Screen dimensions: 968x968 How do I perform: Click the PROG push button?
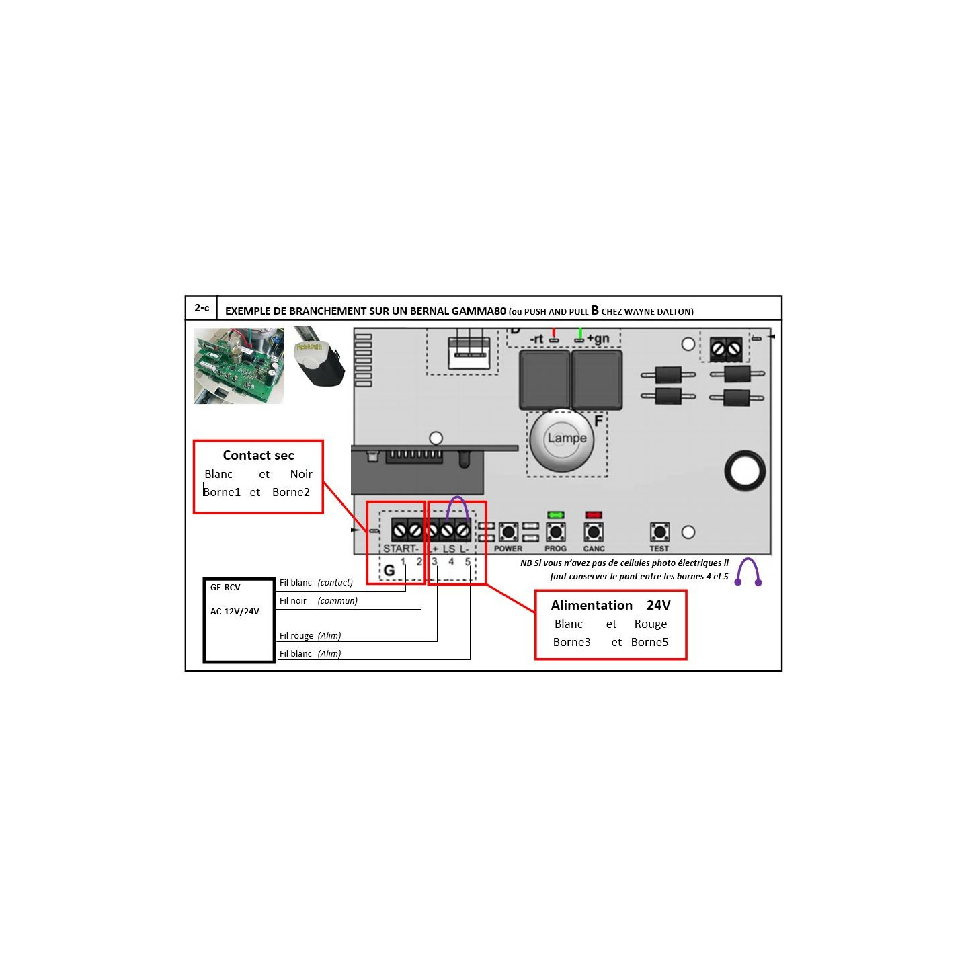tap(555, 532)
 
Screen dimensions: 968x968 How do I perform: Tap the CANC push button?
tap(594, 532)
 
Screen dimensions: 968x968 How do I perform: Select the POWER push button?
tap(508, 532)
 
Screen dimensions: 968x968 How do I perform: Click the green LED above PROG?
tap(555, 515)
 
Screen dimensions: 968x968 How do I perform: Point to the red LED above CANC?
tap(594, 515)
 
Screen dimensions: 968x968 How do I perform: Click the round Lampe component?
tap(567, 439)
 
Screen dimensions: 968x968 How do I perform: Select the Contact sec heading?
tap(258, 456)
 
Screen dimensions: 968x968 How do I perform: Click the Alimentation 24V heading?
tap(610, 606)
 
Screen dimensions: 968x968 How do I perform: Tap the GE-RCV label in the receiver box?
tap(225, 588)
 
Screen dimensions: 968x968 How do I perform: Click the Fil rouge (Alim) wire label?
tap(310, 636)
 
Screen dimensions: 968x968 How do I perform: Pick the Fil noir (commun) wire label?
tap(318, 601)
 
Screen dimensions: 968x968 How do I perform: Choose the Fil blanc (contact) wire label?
tap(316, 583)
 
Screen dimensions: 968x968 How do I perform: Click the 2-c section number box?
tap(202, 308)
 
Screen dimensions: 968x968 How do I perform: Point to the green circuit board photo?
tap(239, 366)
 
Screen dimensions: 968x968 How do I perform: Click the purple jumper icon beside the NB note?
tap(748, 572)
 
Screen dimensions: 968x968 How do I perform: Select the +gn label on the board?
tap(598, 339)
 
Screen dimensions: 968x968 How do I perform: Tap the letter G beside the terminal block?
tap(389, 571)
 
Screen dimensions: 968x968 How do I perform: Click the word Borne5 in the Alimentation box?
tap(649, 643)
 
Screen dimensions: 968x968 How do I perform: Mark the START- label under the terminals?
tap(401, 549)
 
